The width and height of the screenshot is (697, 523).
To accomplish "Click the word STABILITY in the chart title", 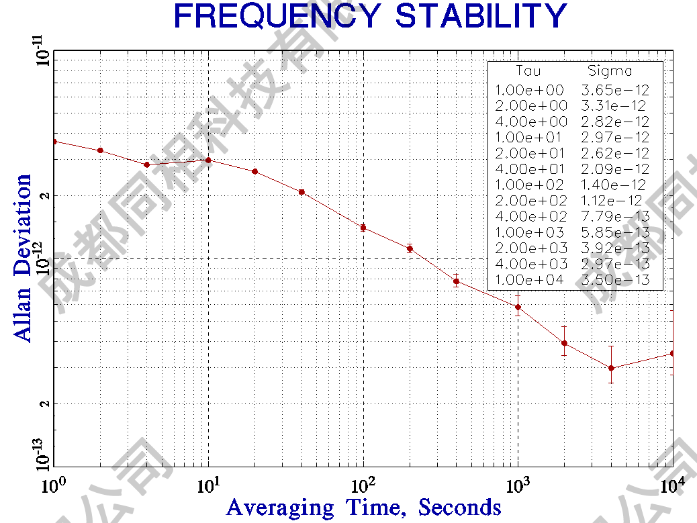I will tap(481, 16).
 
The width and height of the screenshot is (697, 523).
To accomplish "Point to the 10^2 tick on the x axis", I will tap(363, 483).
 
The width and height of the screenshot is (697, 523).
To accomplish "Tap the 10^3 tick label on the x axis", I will tap(518, 483).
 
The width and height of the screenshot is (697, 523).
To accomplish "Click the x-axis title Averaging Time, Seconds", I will tap(363, 507).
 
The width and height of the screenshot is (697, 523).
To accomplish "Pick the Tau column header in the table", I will tap(528, 70).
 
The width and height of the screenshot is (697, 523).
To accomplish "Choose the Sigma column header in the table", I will tap(610, 70).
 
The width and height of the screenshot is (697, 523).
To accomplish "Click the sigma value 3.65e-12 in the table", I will tap(615, 90).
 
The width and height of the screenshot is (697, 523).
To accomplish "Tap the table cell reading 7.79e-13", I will tap(615, 216).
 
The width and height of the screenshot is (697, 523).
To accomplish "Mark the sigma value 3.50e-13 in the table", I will tap(615, 280).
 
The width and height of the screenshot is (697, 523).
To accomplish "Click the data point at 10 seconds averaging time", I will tap(208, 160).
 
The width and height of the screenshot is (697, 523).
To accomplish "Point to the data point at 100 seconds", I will tap(363, 228).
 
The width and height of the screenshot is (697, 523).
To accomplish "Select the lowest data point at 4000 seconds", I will tap(611, 368).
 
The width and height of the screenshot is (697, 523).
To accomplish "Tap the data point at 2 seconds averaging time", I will tap(100, 150).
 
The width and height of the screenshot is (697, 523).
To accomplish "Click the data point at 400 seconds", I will tap(456, 281).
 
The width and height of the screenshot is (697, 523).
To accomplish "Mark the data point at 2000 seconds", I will tap(564, 343).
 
